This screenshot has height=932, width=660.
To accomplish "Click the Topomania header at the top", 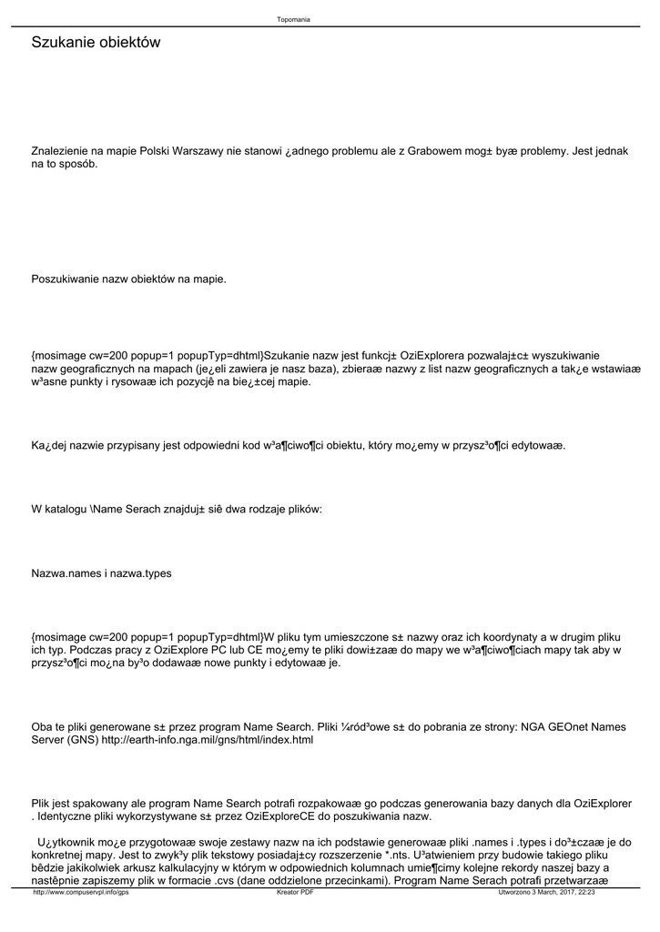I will (293, 19).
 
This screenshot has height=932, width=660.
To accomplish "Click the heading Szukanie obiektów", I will (96, 42).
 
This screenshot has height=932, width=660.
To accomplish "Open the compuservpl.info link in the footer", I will (81, 893).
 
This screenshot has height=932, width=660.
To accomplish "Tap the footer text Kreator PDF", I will (295, 893).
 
